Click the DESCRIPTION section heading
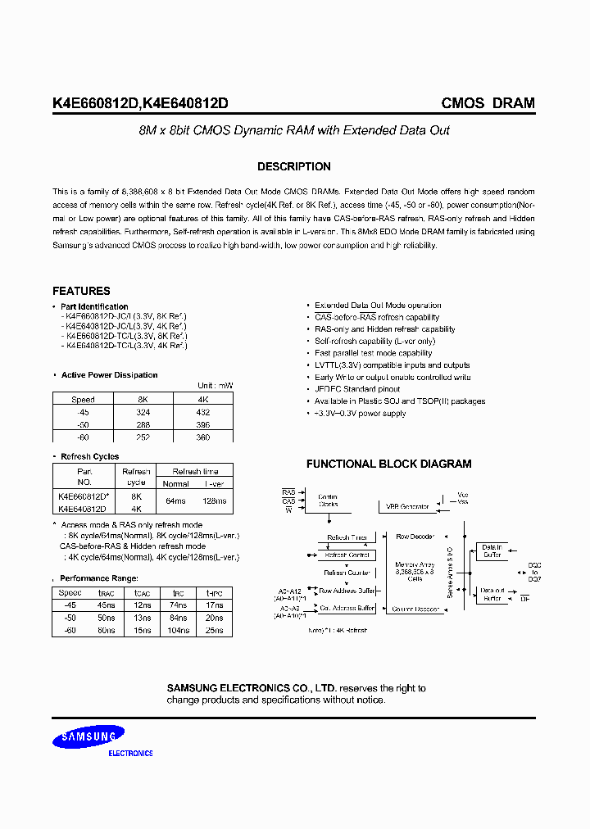(294, 166)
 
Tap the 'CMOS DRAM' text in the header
(488, 103)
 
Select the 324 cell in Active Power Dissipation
(143, 412)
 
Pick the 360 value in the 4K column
(202, 437)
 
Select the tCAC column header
(141, 592)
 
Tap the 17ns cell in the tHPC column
(214, 605)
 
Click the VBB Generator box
(407, 507)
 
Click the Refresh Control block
(347, 555)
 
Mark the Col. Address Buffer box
(347, 608)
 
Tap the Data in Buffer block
(492, 550)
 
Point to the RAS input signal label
(288, 492)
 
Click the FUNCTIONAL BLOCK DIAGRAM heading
(388, 464)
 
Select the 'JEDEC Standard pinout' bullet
(357, 389)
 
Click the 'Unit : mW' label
(215, 385)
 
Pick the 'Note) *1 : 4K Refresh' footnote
(338, 630)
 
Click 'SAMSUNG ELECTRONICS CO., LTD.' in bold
(252, 688)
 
